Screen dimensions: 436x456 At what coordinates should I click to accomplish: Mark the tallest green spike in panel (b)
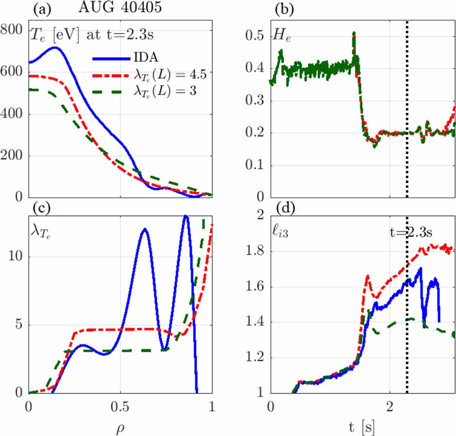pos(354,34)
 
